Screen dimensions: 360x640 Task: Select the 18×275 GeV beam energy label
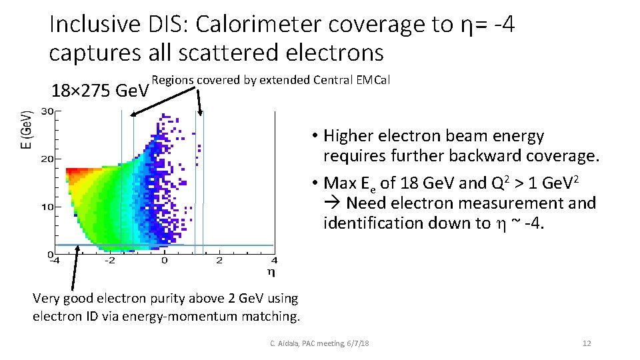tap(100, 90)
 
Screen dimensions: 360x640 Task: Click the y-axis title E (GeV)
tap(25, 129)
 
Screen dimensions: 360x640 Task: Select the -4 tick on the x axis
tap(55, 260)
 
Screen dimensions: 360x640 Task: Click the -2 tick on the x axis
tap(109, 260)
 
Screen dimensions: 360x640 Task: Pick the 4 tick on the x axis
tap(274, 260)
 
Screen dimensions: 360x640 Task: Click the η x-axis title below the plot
tap(271, 272)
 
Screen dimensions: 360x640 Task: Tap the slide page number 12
tap(587, 343)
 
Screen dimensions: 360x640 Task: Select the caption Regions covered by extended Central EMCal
tap(271, 81)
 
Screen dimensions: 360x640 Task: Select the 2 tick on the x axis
tap(219, 260)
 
